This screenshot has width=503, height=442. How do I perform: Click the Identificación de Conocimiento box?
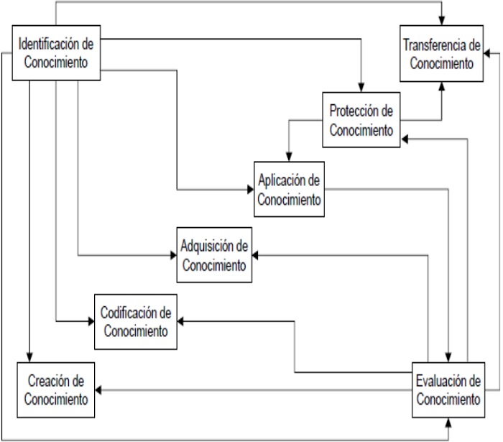click(x=56, y=53)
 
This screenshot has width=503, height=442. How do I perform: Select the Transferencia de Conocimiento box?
click(x=441, y=55)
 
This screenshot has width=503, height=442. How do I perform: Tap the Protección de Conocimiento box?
click(x=360, y=120)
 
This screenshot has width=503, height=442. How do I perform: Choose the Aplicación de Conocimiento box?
click(x=287, y=190)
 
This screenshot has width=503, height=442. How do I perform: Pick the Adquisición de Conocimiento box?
click(x=214, y=256)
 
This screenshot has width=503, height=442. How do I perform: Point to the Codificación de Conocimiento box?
click(x=136, y=321)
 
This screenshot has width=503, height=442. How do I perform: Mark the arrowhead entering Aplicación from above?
click(x=288, y=157)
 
